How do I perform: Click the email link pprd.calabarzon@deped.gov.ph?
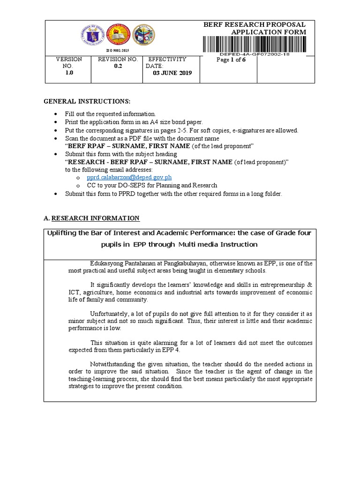pyautogui.click(x=129, y=178)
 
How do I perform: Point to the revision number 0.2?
pyautogui.click(x=118, y=67)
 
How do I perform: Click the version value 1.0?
pyautogui.click(x=69, y=74)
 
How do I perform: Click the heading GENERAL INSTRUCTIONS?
pyautogui.click(x=87, y=102)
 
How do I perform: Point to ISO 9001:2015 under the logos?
pyautogui.click(x=118, y=50)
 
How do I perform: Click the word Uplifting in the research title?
pyautogui.click(x=63, y=233)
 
